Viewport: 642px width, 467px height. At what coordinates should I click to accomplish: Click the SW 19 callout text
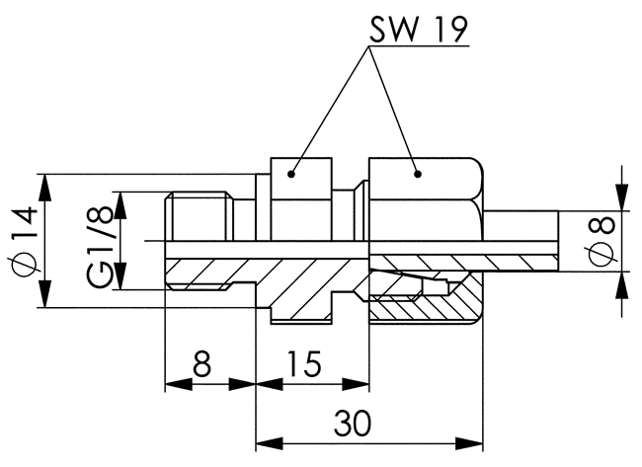(419, 30)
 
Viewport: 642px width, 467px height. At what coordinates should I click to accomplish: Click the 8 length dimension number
(201, 363)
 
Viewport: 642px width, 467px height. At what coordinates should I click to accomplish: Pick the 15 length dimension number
(304, 363)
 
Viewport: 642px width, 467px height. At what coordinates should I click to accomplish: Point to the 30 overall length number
(353, 424)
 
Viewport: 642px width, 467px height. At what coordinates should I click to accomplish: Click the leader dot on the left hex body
(291, 174)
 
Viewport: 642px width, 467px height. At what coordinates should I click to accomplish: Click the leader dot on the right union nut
(417, 174)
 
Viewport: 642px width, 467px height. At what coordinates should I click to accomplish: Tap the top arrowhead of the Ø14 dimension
(45, 188)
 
